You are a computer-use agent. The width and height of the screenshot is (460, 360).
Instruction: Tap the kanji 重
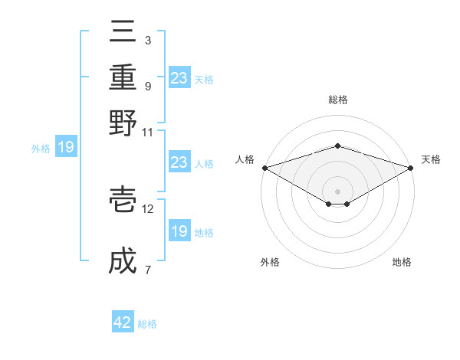pos(123,77)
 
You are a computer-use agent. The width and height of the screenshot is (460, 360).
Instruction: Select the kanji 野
pos(123,123)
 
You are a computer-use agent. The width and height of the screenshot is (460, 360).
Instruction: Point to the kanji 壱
pos(123,201)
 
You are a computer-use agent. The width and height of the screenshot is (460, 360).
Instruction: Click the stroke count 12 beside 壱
pos(148,208)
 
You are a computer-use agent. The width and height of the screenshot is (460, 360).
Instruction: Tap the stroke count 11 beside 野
pos(148,132)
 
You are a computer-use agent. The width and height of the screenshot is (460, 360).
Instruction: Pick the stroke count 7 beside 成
pos(147,270)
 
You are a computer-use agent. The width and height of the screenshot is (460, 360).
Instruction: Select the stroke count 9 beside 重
pos(147,86)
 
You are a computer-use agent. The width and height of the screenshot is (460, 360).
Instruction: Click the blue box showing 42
pos(123,322)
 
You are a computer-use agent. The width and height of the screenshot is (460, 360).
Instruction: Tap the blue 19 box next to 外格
pos(65,147)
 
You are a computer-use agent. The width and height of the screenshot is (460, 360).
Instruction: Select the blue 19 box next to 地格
pos(179,231)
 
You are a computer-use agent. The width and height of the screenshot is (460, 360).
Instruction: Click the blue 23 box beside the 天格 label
pos(179,78)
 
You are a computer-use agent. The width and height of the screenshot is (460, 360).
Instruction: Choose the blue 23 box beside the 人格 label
pos(179,162)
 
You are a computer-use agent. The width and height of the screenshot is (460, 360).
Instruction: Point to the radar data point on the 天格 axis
pos(412,168)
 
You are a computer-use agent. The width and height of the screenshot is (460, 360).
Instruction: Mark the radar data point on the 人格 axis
pos(264,168)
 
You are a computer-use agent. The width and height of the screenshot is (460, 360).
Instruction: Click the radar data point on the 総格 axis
pos(337,146)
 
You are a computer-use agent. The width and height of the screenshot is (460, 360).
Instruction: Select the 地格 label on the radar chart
pos(402,262)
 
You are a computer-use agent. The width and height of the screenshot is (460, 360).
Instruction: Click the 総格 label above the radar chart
pos(337,100)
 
